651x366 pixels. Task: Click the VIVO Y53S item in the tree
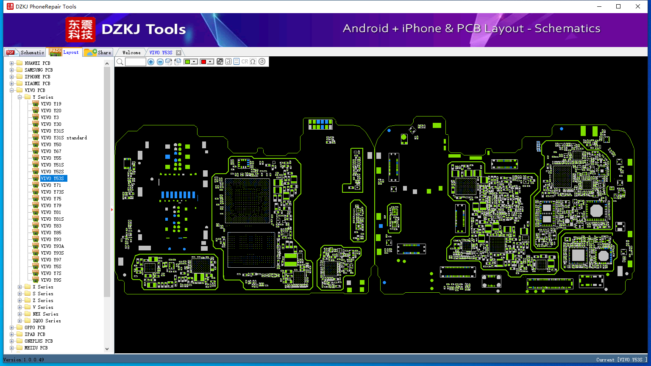click(x=52, y=178)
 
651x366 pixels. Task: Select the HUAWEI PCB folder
click(x=37, y=63)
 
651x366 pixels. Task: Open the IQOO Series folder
click(x=47, y=321)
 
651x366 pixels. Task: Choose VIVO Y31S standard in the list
click(x=64, y=138)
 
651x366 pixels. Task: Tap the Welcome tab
click(x=131, y=53)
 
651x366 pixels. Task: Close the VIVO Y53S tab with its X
click(x=179, y=53)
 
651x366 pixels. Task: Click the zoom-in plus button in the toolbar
click(x=151, y=61)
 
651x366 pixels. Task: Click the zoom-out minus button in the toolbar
click(x=160, y=61)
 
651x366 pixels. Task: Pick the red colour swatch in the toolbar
click(x=204, y=61)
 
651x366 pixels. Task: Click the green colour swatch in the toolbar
click(x=188, y=61)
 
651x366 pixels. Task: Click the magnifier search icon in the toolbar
click(x=120, y=61)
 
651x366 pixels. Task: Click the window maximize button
click(x=618, y=6)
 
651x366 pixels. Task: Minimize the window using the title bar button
click(x=599, y=6)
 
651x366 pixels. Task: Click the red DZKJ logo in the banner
click(x=81, y=30)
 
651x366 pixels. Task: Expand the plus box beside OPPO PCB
click(x=11, y=327)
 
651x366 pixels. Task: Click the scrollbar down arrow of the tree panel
click(x=107, y=349)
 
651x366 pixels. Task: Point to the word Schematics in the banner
click(x=568, y=28)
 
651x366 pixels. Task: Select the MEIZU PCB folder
click(x=36, y=348)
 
